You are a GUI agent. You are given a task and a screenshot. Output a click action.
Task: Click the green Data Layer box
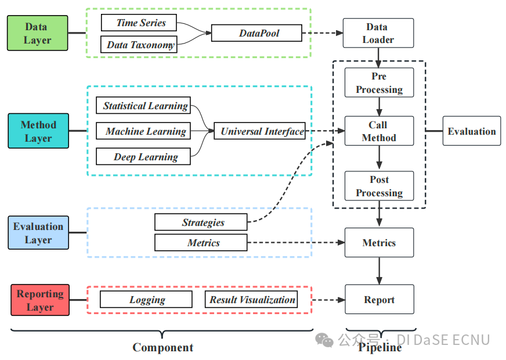(38, 33)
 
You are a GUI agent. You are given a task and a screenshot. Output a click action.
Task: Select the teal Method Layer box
(38, 131)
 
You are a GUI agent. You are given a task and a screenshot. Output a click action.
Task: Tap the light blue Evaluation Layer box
(38, 232)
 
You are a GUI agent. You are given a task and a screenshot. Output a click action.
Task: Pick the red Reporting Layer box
(40, 300)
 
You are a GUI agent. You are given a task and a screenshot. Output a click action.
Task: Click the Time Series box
(139, 23)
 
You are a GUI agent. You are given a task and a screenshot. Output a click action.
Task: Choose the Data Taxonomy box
(139, 44)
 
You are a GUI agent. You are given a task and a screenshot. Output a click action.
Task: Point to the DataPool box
(256, 33)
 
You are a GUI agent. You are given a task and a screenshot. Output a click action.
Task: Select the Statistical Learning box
(143, 105)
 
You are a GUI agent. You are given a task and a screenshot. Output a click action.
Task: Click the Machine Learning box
(143, 131)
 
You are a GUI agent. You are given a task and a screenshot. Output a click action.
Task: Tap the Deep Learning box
(143, 156)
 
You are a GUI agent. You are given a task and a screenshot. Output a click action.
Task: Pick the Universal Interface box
(260, 131)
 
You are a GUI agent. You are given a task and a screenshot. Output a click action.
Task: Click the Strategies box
(201, 222)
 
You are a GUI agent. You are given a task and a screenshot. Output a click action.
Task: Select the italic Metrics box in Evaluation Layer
(201, 243)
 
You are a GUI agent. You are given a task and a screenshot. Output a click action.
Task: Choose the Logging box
(146, 299)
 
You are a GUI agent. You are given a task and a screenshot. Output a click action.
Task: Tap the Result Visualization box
(251, 299)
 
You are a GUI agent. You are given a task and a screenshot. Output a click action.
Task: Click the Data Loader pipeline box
(378, 33)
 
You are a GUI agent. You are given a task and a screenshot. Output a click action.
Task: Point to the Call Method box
(379, 131)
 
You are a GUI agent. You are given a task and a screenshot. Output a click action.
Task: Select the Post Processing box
(379, 186)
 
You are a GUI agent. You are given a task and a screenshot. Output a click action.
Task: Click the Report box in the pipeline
(379, 299)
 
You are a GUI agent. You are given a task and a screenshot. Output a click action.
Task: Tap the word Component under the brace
(163, 347)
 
